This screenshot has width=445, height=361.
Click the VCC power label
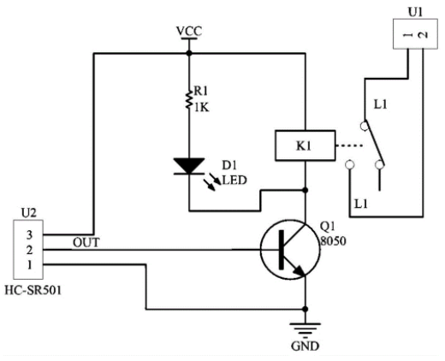click(x=189, y=31)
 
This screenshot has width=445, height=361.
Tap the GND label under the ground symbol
click(x=305, y=346)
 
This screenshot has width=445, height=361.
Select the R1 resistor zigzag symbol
click(x=188, y=100)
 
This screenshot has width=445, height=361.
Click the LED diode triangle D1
click(x=189, y=166)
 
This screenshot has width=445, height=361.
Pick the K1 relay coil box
click(x=306, y=145)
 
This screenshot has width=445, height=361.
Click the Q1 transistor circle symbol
click(x=290, y=250)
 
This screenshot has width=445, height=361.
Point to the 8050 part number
click(x=333, y=240)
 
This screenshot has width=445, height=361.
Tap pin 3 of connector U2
click(x=29, y=235)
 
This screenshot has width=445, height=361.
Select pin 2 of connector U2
click(x=29, y=250)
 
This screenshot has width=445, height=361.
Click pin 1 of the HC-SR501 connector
click(x=30, y=265)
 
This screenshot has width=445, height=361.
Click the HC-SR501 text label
click(x=33, y=290)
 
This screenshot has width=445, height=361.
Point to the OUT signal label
click(x=86, y=243)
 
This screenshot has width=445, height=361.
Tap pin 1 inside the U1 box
click(x=408, y=35)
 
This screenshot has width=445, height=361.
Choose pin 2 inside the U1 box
click(x=423, y=35)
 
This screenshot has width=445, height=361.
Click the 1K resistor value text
click(x=202, y=108)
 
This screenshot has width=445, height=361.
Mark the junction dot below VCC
click(x=189, y=53)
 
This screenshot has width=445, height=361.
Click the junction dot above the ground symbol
click(x=306, y=309)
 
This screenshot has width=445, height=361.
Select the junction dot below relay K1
click(x=306, y=190)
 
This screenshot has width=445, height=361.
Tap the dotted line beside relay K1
click(x=349, y=145)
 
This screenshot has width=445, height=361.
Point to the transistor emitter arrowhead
click(x=300, y=271)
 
